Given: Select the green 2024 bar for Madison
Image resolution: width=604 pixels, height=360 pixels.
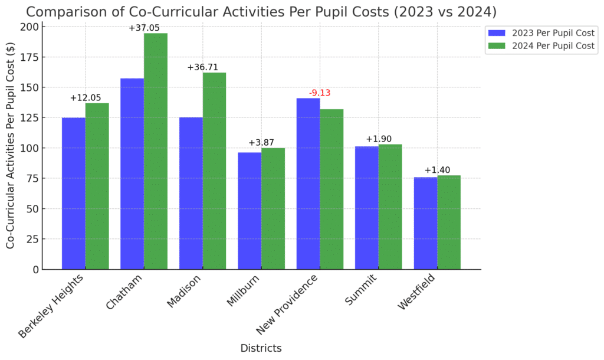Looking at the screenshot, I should point(214,171).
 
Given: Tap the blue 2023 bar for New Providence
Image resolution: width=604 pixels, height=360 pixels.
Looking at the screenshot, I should point(308,184).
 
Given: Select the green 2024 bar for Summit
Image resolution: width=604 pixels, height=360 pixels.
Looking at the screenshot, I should point(390,207).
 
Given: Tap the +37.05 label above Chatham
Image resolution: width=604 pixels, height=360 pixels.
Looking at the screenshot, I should point(145,28).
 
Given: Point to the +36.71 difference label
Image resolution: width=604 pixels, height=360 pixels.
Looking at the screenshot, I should point(203,67).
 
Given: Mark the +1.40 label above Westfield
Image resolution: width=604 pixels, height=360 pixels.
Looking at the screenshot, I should point(437,170).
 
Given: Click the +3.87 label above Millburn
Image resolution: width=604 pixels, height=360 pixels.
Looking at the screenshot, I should point(261,143).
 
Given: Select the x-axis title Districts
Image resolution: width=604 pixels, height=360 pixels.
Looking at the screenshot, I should point(261,348).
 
